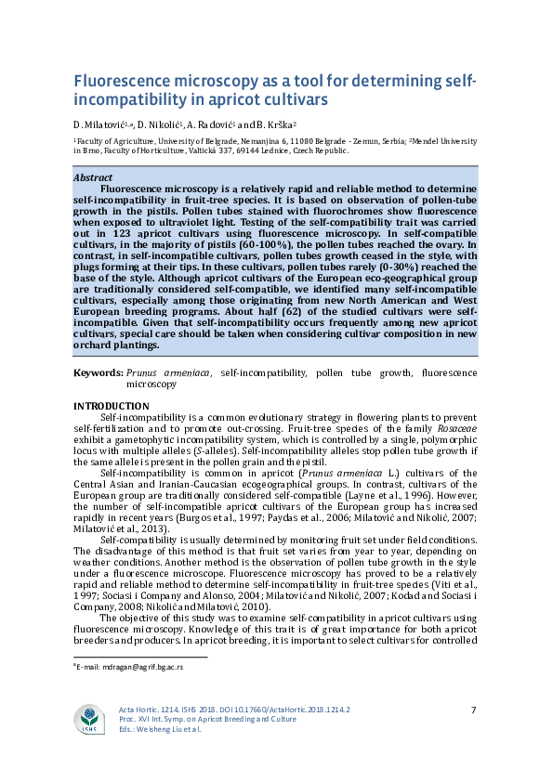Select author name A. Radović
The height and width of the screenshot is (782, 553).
212,124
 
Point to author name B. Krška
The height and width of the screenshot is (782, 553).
272,124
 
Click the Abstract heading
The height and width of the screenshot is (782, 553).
93,177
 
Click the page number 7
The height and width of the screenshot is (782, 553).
473,710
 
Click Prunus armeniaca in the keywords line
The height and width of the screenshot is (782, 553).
168,372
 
